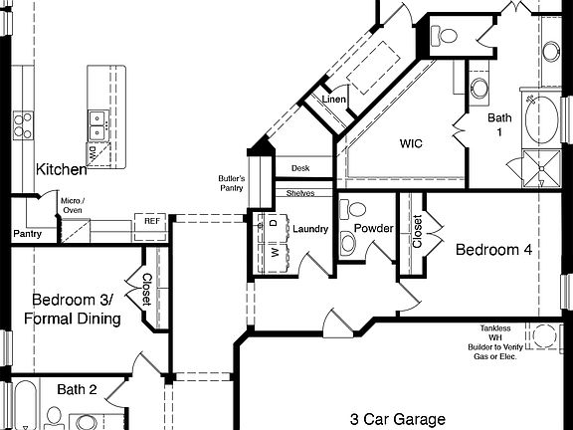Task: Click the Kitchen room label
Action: (x=62, y=169)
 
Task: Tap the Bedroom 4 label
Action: (x=492, y=250)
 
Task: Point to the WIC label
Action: (x=412, y=143)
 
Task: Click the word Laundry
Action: (x=310, y=230)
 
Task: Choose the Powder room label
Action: (x=375, y=229)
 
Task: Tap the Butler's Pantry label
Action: (x=232, y=182)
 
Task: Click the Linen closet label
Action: (x=333, y=100)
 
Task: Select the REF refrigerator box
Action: (x=152, y=221)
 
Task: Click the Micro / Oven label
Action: (x=73, y=205)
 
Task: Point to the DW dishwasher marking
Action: (x=92, y=150)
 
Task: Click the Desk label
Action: (x=301, y=169)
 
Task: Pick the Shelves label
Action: (x=300, y=193)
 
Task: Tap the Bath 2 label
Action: (x=77, y=389)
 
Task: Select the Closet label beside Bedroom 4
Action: (x=417, y=231)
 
